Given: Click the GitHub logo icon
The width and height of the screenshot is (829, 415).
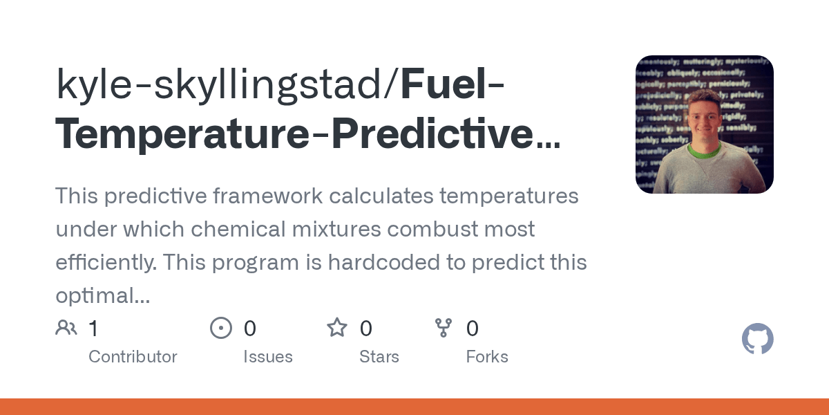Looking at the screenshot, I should click(757, 340).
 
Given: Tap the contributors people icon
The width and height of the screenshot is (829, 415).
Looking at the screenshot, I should click(66, 328).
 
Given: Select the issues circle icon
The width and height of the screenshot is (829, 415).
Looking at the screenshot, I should click(220, 328).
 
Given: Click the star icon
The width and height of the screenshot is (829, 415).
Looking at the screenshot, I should click(336, 328).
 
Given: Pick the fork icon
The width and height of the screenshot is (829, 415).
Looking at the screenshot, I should click(444, 328).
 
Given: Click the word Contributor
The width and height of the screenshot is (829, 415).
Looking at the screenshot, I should click(133, 357).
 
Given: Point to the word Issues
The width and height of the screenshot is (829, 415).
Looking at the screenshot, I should click(267, 357).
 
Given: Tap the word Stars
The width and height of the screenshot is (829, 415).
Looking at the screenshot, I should click(379, 357).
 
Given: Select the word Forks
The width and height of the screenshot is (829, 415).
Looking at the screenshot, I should click(486, 357).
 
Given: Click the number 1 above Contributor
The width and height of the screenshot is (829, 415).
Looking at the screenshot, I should click(93, 329).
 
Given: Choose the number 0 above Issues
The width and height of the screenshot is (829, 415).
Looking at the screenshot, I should click(249, 329).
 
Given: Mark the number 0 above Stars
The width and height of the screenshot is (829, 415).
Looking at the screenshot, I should click(366, 329).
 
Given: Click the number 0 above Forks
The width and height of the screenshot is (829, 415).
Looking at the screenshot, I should click(473, 329).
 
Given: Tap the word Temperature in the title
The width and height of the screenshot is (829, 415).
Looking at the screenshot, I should click(186, 134).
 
